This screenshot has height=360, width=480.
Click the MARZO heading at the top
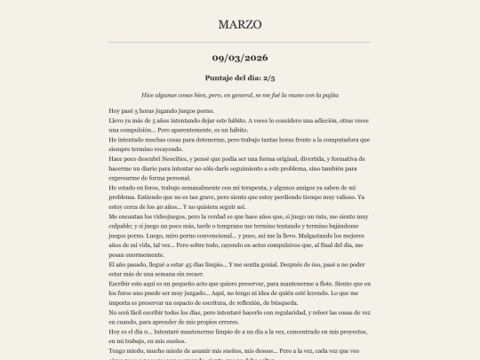tap(240, 24)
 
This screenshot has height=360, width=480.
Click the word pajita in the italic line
tap(328, 94)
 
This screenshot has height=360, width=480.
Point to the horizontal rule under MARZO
tap(240, 42)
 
